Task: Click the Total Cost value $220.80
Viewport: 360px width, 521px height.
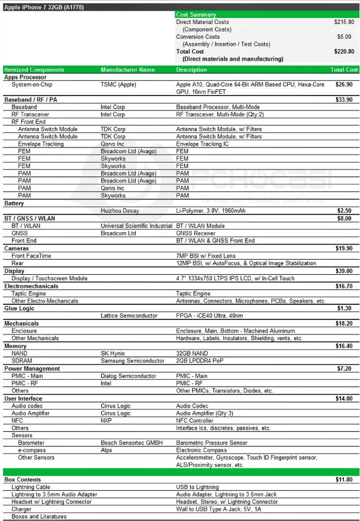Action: [344, 51]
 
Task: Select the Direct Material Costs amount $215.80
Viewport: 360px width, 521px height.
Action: [344, 22]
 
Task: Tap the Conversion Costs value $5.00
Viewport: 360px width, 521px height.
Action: [344, 37]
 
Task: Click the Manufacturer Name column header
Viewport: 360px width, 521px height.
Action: [128, 70]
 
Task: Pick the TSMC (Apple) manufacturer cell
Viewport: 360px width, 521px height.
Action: [118, 84]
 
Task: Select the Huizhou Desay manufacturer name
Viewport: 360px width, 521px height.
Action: [119, 211]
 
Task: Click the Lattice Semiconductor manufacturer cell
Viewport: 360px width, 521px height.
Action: [129, 316]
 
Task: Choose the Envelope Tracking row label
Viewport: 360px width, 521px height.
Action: [41, 144]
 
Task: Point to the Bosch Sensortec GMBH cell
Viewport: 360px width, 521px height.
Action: [132, 443]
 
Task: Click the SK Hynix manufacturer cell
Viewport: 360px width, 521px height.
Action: [113, 353]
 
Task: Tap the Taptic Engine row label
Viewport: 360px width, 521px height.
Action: [29, 293]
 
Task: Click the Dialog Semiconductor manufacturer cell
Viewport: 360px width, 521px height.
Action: [128, 376]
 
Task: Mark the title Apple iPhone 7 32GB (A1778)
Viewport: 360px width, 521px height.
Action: [42, 7]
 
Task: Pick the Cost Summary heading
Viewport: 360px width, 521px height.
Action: [196, 15]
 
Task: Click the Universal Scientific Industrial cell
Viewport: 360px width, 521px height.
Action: [136, 226]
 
